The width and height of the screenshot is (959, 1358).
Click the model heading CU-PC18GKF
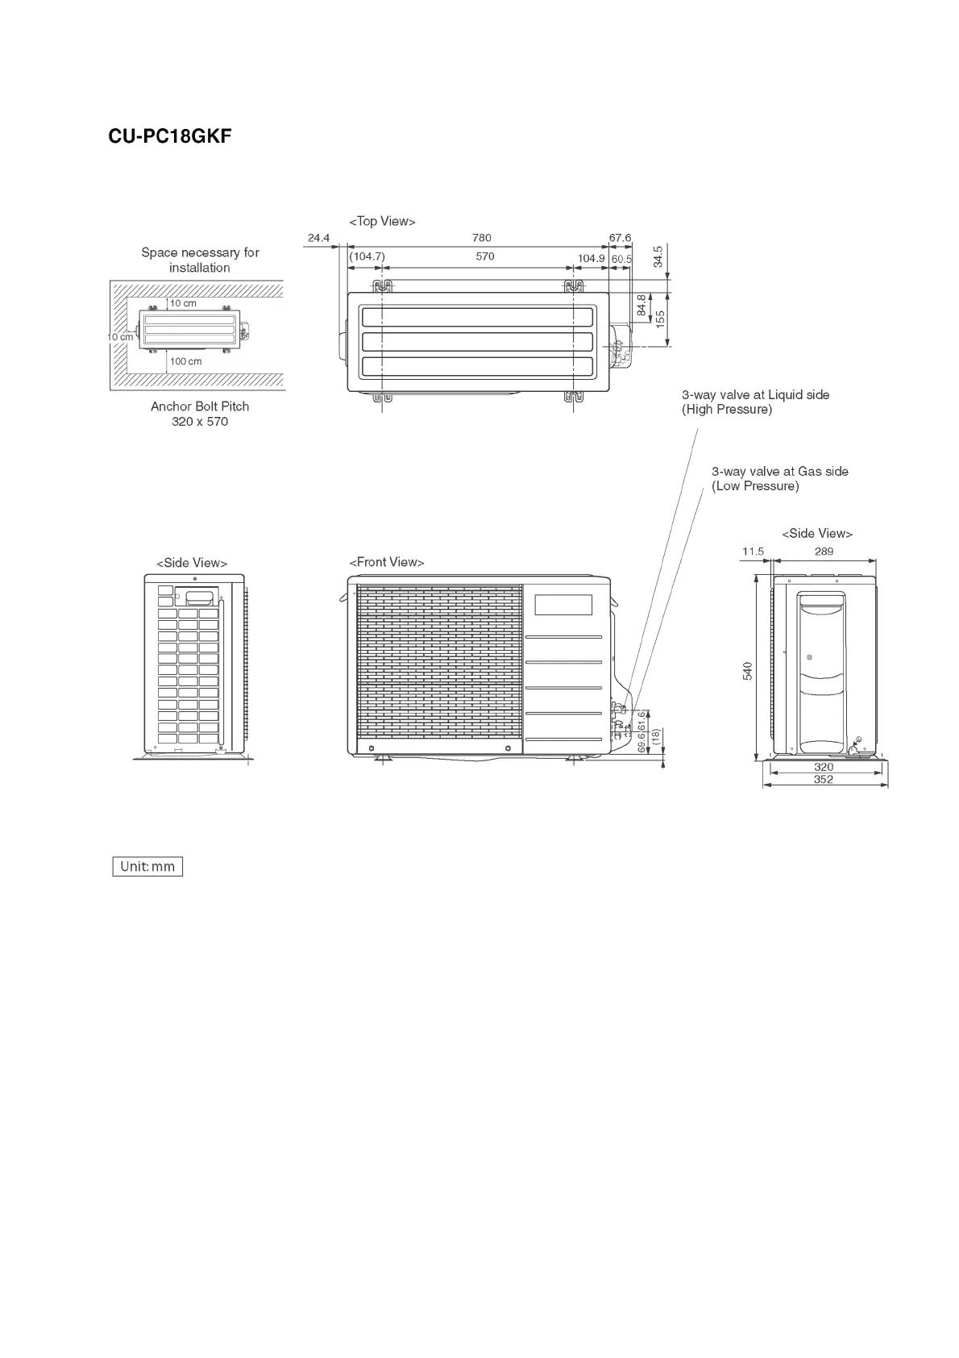tap(170, 136)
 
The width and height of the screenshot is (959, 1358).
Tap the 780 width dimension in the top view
tap(481, 238)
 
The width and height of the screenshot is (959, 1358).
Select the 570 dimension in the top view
tap(484, 256)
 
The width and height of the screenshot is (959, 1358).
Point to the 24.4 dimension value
tap(318, 238)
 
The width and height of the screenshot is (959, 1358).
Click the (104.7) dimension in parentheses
tap(367, 256)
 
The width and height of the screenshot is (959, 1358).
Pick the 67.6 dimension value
tap(621, 238)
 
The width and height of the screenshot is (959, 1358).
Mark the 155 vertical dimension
tap(660, 319)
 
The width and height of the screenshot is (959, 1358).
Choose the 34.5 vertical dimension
tap(658, 256)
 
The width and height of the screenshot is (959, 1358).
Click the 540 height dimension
tap(748, 670)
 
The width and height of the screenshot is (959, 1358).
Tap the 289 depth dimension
tap(824, 552)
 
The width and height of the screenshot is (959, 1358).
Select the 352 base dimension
tap(823, 780)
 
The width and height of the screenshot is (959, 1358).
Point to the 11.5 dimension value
tap(753, 552)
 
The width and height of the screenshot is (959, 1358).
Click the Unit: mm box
tap(147, 867)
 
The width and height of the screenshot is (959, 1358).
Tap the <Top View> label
tap(382, 221)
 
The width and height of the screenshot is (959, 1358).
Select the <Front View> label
tap(386, 562)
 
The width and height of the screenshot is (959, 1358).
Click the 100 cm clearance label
tap(186, 361)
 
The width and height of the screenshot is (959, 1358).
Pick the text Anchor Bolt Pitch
tap(200, 406)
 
